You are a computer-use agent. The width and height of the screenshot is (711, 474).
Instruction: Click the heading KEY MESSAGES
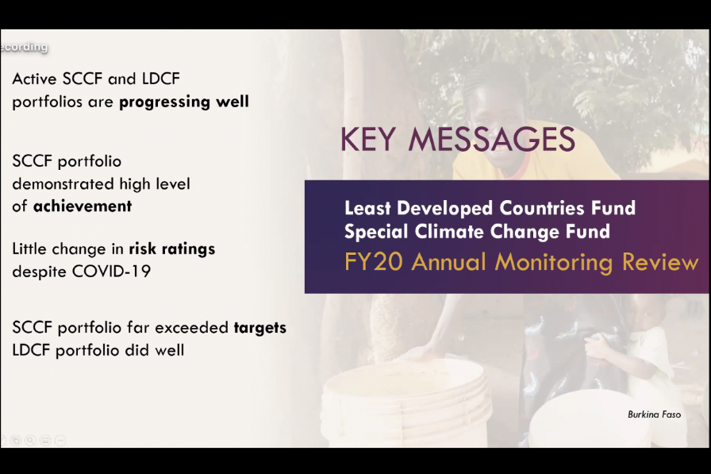tap(458, 139)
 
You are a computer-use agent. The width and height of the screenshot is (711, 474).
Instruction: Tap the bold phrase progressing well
tap(183, 102)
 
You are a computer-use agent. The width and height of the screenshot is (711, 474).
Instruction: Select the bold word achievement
tap(83, 206)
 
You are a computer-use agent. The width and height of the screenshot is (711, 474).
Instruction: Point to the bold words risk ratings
tap(172, 249)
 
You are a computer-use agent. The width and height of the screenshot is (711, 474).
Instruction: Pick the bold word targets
tap(259, 328)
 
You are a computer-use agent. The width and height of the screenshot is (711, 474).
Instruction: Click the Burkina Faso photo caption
tap(654, 414)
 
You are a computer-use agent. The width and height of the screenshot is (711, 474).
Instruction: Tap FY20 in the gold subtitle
tap(371, 262)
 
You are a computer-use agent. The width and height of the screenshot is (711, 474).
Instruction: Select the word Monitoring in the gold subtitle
tap(554, 263)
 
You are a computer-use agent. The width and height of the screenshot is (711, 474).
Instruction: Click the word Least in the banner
tap(367, 208)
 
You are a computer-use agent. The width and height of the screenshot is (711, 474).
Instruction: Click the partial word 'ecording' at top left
tap(24, 47)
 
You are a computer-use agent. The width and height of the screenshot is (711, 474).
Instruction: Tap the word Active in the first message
tap(34, 79)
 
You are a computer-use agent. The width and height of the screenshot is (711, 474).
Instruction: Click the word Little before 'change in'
tap(29, 249)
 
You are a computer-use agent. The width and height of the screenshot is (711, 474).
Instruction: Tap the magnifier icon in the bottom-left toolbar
tap(30, 440)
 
